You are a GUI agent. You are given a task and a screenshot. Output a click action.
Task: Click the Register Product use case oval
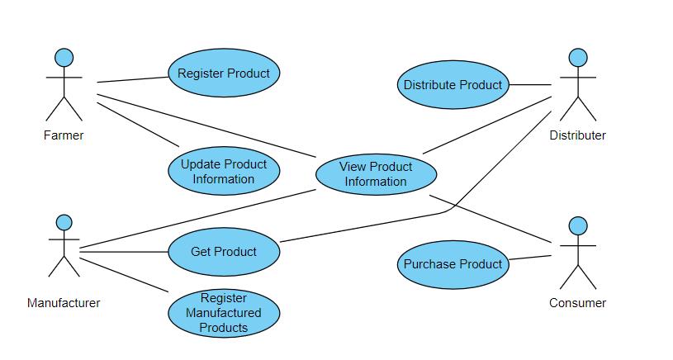[x=224, y=73]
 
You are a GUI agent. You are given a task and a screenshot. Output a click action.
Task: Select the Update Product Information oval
[x=224, y=172]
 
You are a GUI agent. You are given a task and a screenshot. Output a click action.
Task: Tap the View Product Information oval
[x=376, y=174]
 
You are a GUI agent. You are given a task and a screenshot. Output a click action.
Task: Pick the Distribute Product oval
[x=453, y=84]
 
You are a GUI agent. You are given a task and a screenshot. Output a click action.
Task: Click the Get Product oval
[x=224, y=252]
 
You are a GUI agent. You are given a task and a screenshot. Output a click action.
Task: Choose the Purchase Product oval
[x=453, y=264]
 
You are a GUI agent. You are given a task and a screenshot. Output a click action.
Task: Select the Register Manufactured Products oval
[x=224, y=313]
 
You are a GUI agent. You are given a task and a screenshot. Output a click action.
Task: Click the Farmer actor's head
[x=64, y=58]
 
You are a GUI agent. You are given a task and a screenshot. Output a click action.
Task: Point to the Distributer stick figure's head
[x=578, y=58]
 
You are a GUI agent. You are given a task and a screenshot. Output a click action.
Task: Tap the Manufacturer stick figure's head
[x=64, y=223]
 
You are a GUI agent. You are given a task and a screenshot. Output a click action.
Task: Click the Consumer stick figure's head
[x=578, y=225]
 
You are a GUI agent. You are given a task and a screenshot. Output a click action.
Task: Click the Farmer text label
[x=64, y=135]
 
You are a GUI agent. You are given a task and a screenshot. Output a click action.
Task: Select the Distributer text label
[x=577, y=135]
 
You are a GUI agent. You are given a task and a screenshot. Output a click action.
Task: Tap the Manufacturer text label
[x=64, y=303]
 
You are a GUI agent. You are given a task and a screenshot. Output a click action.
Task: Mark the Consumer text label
[x=577, y=303]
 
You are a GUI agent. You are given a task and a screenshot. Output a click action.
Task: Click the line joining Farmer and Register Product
[x=132, y=79]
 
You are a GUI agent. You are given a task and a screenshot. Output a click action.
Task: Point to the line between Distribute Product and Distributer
[x=530, y=84]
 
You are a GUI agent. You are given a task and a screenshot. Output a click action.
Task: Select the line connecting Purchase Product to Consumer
[x=530, y=259]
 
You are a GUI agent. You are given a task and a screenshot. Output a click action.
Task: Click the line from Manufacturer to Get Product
[x=124, y=252]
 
